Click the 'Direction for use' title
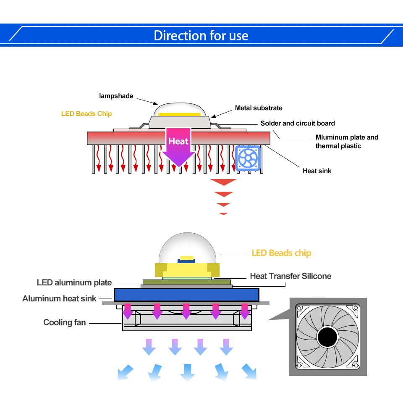(x=201, y=36)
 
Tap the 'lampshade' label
(x=116, y=96)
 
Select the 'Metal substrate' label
(x=259, y=108)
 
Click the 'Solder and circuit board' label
(x=298, y=123)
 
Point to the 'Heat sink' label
(x=317, y=171)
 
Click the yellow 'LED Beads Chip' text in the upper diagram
(x=86, y=114)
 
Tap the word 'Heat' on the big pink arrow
(x=178, y=141)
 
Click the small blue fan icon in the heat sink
(x=248, y=158)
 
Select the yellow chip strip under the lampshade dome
(x=179, y=114)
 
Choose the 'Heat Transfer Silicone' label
(x=290, y=276)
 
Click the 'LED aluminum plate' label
(x=74, y=282)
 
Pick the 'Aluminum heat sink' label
(x=59, y=298)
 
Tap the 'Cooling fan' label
(x=65, y=322)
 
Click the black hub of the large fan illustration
(x=327, y=337)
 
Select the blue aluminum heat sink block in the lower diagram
(x=186, y=295)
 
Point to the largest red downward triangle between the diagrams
(x=223, y=182)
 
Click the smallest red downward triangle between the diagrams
(x=223, y=214)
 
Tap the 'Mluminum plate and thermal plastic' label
(x=347, y=142)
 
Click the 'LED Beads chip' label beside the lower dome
(x=281, y=253)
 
